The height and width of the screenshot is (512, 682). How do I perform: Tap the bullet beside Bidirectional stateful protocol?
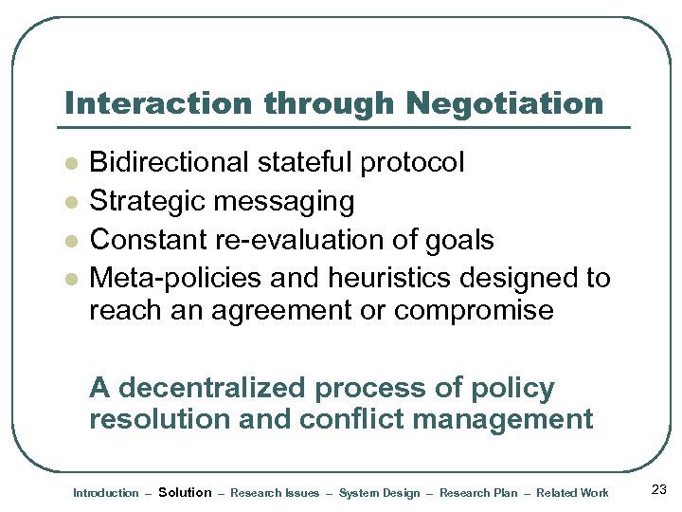pyautogui.click(x=69, y=163)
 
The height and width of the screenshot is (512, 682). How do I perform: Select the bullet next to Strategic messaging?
pyautogui.click(x=69, y=202)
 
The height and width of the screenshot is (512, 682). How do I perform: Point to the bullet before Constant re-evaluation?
pyautogui.click(x=69, y=241)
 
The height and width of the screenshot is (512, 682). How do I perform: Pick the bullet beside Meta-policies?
pyautogui.click(x=69, y=279)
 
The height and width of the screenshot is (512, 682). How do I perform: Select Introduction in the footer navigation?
pyautogui.click(x=105, y=492)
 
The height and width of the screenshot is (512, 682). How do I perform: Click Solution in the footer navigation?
pyautogui.click(x=185, y=492)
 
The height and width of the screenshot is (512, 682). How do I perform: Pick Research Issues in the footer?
pyautogui.click(x=275, y=492)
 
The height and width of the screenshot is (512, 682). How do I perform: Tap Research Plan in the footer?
pyautogui.click(x=479, y=492)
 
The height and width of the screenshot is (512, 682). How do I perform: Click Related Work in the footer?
pyautogui.click(x=572, y=492)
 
